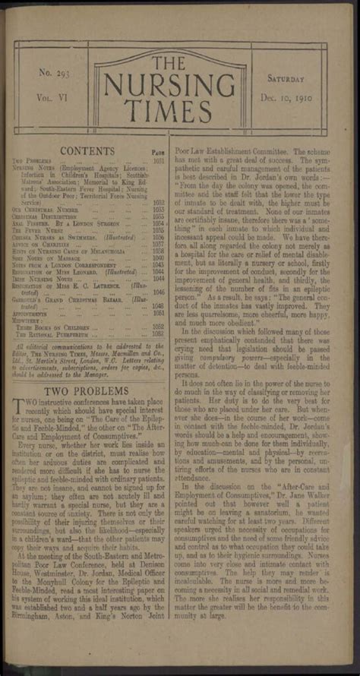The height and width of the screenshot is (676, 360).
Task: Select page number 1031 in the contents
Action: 158,160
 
